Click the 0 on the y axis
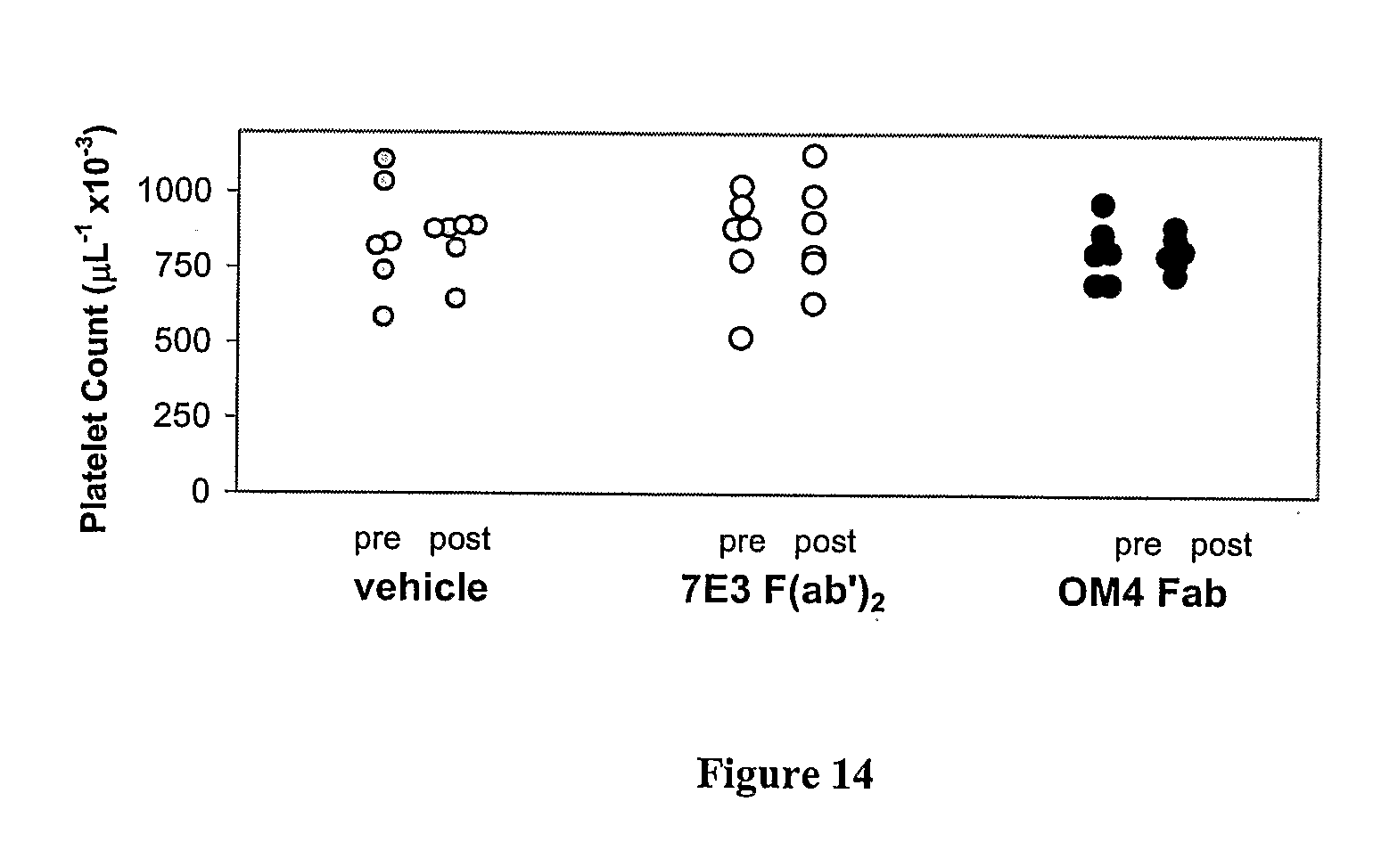click(200, 491)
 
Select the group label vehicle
click(421, 588)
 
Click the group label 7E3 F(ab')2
click(784, 593)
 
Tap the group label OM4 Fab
click(1142, 593)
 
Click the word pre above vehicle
click(377, 539)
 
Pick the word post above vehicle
click(460, 539)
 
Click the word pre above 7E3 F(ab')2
click(742, 542)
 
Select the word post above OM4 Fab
click(1221, 544)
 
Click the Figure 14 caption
click(785, 773)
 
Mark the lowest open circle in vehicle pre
click(383, 316)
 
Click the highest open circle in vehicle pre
click(384, 158)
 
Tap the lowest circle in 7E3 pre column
click(741, 339)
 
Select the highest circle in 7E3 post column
click(814, 157)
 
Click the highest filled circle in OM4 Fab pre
click(1104, 206)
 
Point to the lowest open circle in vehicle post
click(456, 298)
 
